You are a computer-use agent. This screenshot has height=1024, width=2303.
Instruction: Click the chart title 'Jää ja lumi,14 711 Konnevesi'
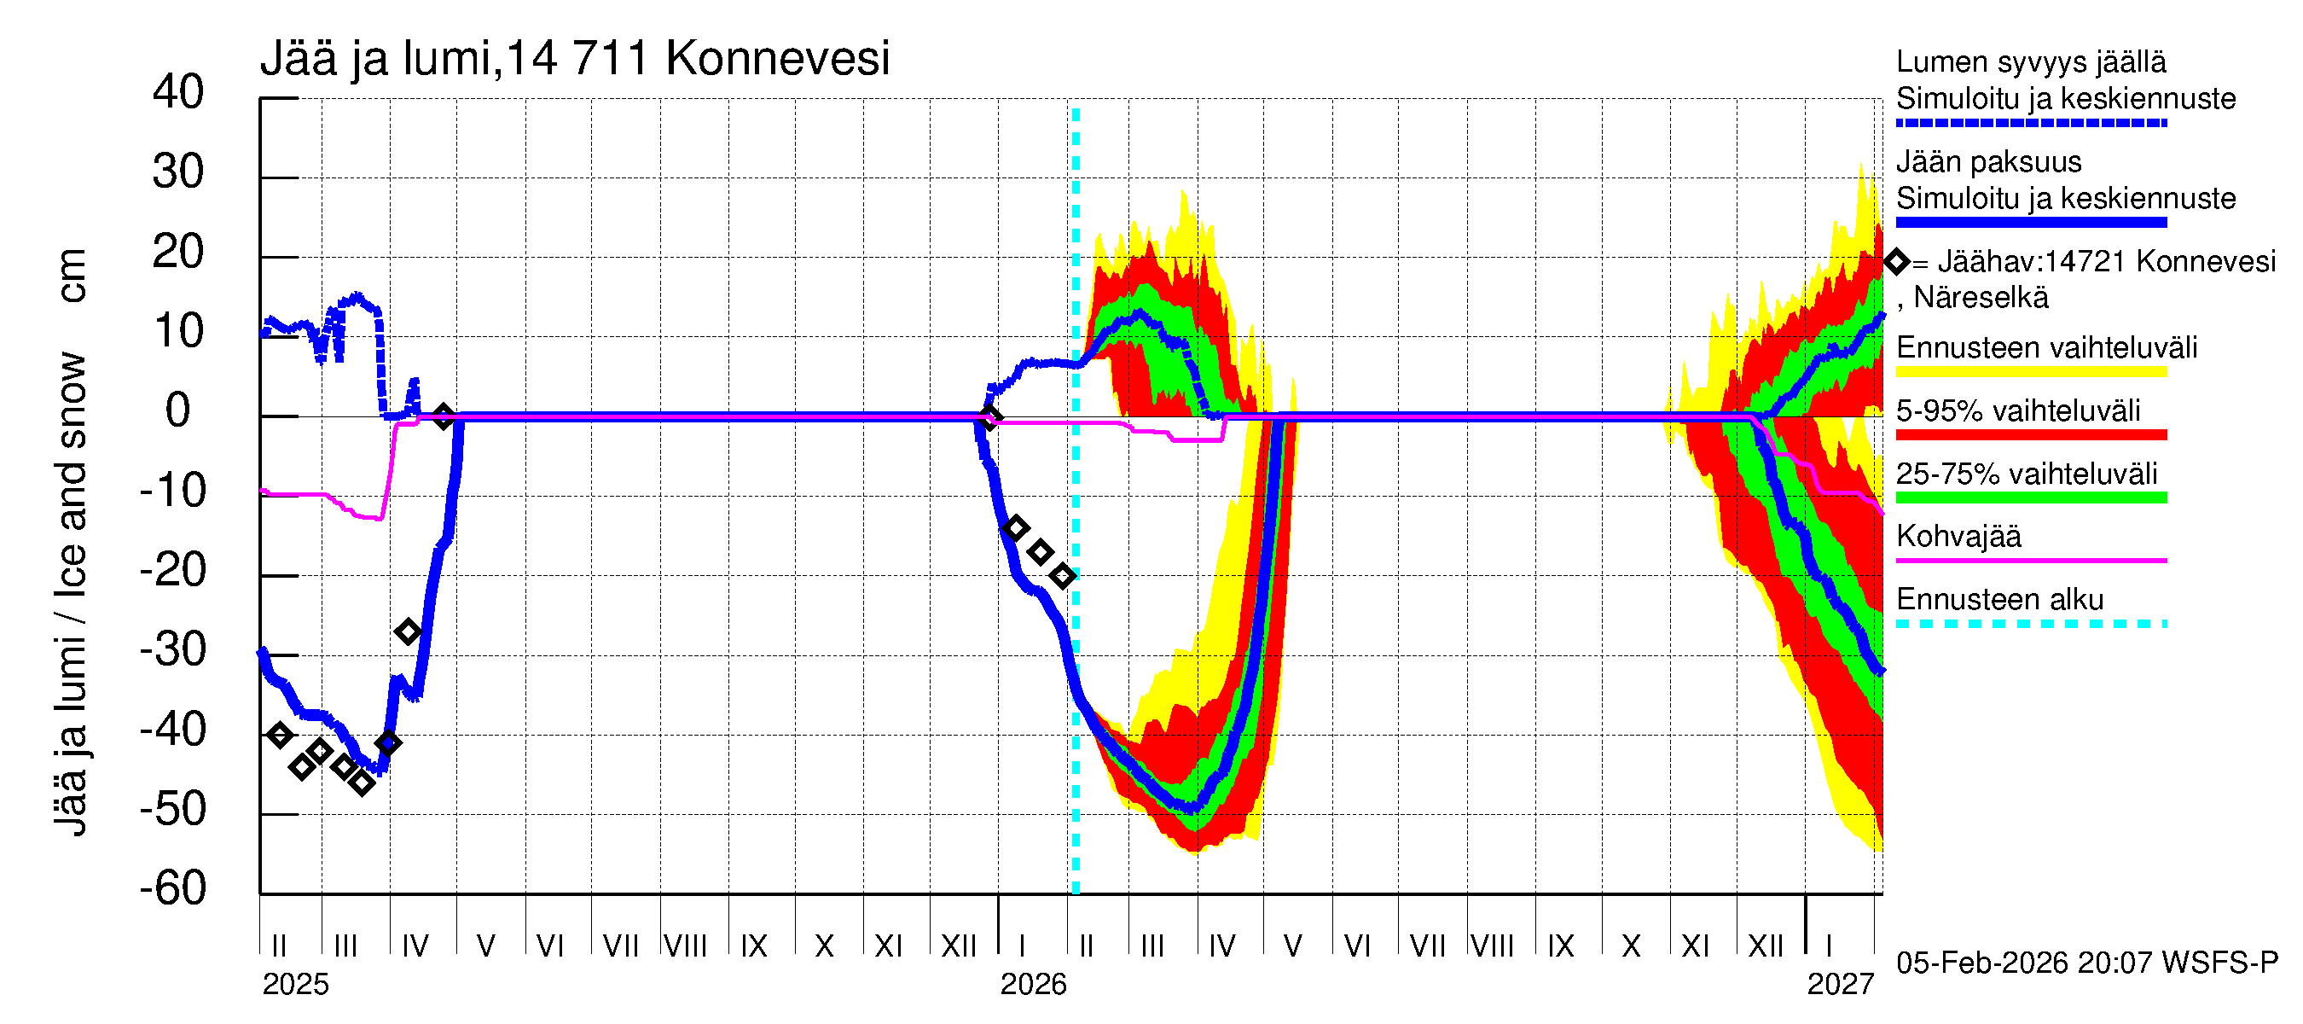574,59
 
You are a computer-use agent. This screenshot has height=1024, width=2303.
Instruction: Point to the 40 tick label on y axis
178,92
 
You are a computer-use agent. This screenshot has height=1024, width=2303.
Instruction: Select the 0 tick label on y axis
178,410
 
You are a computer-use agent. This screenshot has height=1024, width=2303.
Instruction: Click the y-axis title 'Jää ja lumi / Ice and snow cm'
71,542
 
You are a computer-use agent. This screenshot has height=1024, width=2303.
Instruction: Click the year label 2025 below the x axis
295,985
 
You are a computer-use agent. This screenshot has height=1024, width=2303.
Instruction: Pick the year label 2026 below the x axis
1033,985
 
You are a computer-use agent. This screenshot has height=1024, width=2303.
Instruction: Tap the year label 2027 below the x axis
1840,985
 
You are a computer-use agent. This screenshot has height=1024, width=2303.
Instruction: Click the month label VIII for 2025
685,946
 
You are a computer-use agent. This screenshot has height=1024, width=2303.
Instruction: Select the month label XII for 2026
1765,946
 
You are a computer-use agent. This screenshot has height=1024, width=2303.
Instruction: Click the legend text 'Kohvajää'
1958,537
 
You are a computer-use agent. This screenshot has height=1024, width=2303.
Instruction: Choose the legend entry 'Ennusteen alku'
1999,599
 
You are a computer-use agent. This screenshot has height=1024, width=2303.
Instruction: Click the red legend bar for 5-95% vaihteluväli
2030,435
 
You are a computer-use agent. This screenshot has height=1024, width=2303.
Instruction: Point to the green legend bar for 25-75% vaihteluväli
2030,498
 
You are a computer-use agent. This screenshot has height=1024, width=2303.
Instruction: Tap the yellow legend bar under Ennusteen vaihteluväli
2030,372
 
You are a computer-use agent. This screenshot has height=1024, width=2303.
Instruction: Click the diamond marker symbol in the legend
1896,262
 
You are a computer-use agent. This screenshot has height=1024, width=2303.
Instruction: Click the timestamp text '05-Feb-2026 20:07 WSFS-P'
2086,963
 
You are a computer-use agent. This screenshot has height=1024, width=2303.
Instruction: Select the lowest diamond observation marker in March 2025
361,783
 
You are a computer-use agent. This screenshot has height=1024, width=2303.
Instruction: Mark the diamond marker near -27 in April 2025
408,632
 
